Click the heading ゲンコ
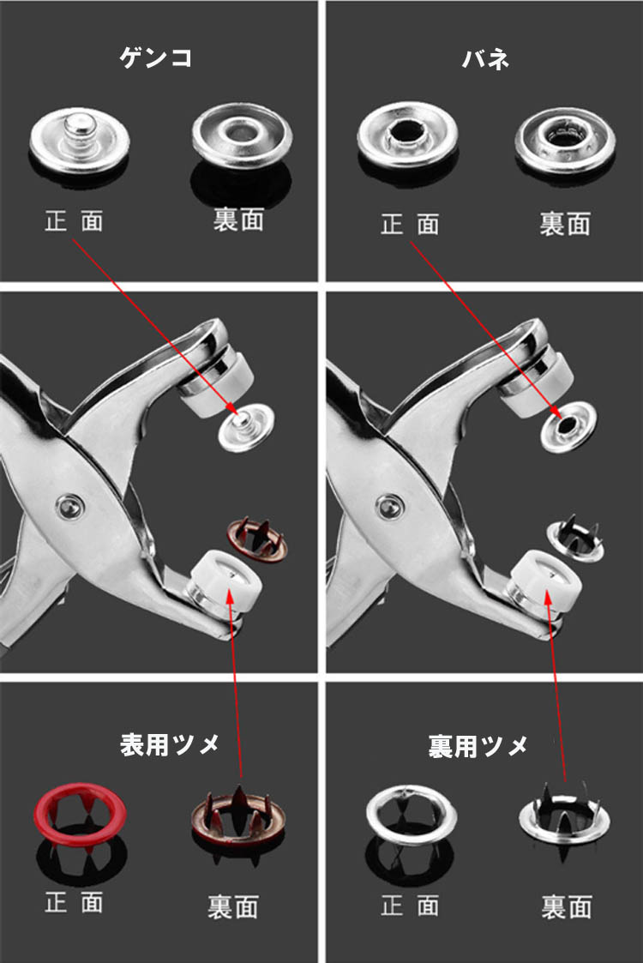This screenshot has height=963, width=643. click(x=155, y=57)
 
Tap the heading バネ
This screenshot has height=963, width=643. click(x=485, y=59)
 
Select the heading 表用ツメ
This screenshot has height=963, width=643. click(x=170, y=744)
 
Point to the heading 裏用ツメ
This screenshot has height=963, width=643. click(x=478, y=745)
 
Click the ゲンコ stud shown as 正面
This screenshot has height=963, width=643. click(x=79, y=141)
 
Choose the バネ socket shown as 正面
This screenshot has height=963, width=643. click(x=407, y=135)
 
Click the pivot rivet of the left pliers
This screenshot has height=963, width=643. click(x=70, y=507)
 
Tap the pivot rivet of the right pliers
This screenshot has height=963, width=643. click(x=388, y=508)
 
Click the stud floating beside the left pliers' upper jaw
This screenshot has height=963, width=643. click(x=246, y=427)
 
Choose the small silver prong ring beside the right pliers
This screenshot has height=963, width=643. click(x=574, y=540)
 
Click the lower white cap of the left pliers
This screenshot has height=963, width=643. click(x=227, y=581)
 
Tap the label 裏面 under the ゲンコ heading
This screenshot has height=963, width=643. click(x=239, y=220)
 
